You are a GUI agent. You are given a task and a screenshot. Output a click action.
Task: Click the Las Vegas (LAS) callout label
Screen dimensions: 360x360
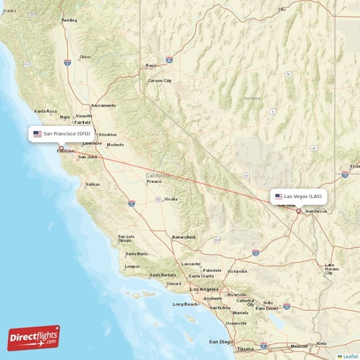(300, 196)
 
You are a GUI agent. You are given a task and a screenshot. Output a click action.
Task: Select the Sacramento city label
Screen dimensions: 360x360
(103, 105)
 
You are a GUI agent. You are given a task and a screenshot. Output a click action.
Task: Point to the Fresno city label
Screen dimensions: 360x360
(154, 181)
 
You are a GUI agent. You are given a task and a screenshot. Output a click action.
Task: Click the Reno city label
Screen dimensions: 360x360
(151, 66)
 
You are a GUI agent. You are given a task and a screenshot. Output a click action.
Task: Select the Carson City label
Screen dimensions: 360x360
(160, 81)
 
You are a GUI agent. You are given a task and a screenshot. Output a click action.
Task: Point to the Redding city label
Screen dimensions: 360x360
(69, 20)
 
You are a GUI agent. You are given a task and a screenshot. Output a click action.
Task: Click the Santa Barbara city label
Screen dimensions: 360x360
(163, 275)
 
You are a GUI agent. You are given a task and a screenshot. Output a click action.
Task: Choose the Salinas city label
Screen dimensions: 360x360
(93, 184)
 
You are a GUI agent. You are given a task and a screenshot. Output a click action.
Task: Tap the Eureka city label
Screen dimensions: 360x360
(9, 10)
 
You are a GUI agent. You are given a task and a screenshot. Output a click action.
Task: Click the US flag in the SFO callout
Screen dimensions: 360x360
(37, 134)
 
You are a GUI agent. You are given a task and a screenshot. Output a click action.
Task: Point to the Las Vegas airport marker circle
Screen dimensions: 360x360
(298, 211)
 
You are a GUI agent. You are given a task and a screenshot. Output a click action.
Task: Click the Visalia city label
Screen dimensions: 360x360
(171, 199)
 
